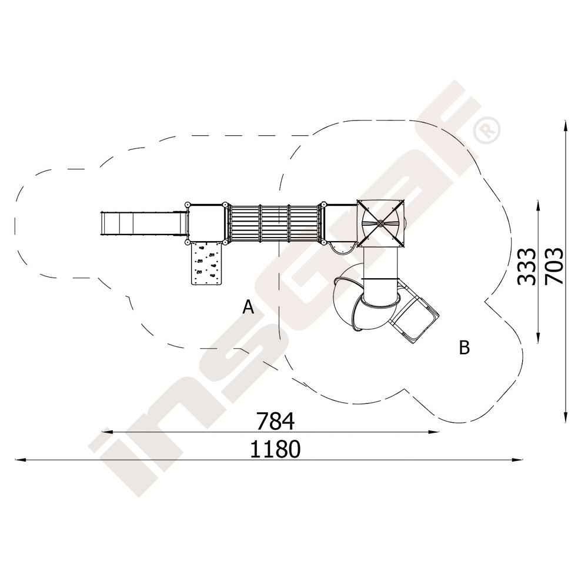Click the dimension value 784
pyautogui.click(x=276, y=421)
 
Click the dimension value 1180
pyautogui.click(x=275, y=449)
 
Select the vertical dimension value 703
pyautogui.click(x=554, y=266)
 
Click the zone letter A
pyautogui.click(x=248, y=307)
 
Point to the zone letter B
pyautogui.click(x=465, y=348)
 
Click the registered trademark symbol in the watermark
pyautogui.click(x=487, y=130)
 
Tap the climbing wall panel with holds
pyautogui.click(x=206, y=263)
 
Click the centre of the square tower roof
pyautogui.click(x=380, y=223)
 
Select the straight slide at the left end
pyautogui.click(x=143, y=224)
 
